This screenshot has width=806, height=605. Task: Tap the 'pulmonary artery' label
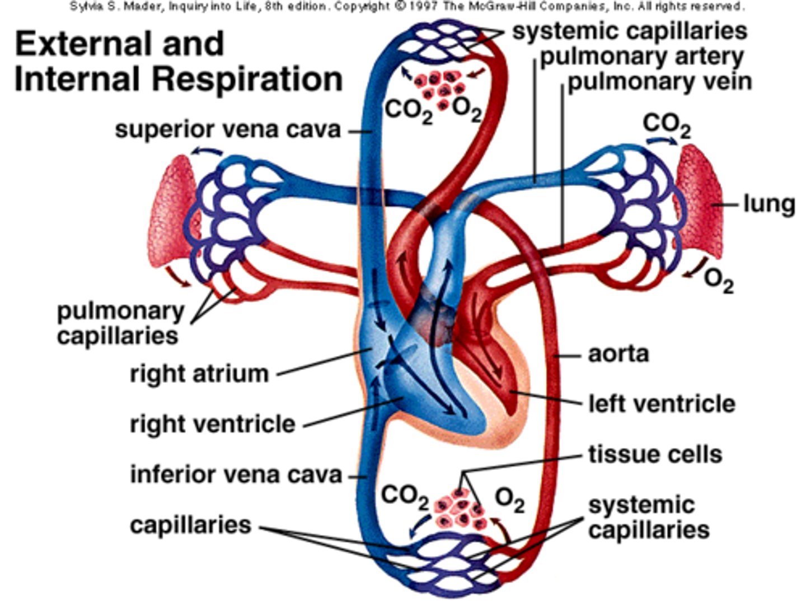(641, 57)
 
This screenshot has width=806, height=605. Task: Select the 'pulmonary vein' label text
(659, 82)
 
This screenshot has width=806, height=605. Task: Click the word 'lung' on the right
(768, 204)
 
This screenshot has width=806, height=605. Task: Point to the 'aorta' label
(618, 354)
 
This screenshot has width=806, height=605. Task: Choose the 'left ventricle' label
(661, 404)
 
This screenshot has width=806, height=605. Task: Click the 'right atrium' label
(199, 374)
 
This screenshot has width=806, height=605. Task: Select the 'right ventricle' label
(212, 424)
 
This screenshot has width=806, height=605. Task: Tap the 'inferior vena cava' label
(236, 474)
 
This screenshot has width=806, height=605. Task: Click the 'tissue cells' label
(655, 454)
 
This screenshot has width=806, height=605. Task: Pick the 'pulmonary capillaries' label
(120, 323)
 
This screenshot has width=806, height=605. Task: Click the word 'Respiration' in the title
(247, 79)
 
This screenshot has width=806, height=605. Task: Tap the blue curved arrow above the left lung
(207, 150)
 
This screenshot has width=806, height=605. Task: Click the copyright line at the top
(407, 7)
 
